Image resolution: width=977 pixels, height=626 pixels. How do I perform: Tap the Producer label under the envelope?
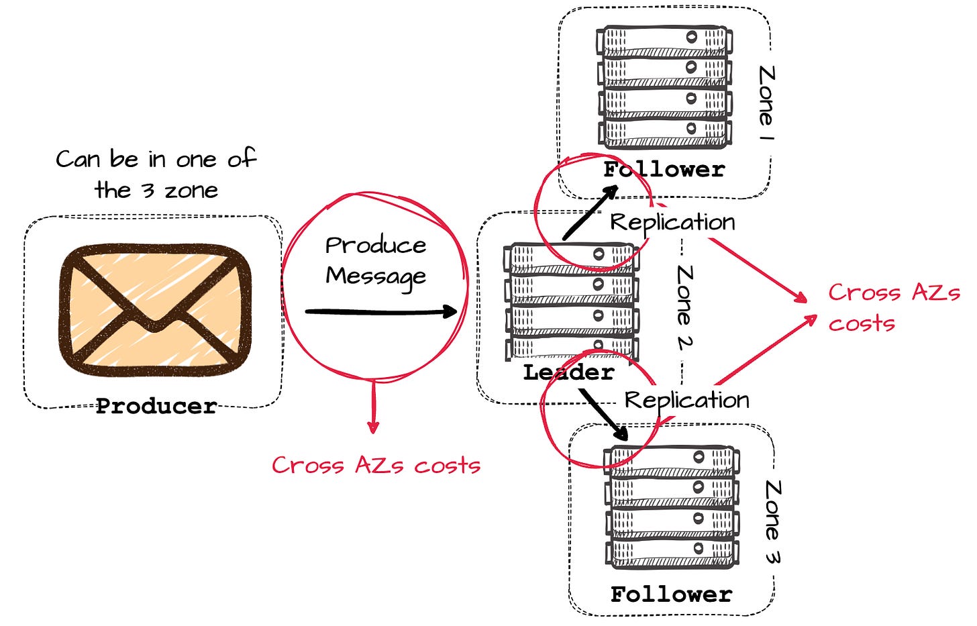156,406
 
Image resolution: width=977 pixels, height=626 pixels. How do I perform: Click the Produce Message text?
376,260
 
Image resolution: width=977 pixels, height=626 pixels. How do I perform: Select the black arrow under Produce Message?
380,311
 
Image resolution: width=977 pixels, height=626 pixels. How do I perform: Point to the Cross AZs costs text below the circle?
376,465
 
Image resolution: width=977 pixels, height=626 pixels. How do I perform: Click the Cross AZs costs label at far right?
893,307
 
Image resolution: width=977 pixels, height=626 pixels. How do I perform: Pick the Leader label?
568,372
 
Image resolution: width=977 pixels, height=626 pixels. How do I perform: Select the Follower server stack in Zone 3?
672,507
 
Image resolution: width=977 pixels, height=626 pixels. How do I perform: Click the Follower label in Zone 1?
664,169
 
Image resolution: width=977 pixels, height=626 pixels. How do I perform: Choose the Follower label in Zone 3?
671,594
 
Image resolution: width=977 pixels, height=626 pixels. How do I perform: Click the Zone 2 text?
684,307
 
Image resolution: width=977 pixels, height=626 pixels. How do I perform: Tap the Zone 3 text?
772,521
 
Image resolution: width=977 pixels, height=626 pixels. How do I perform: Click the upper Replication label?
672,222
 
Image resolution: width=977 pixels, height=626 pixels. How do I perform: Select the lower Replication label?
686,400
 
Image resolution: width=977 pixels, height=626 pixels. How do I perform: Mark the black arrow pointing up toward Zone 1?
590,213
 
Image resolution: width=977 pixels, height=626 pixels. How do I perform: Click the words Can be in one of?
156,159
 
